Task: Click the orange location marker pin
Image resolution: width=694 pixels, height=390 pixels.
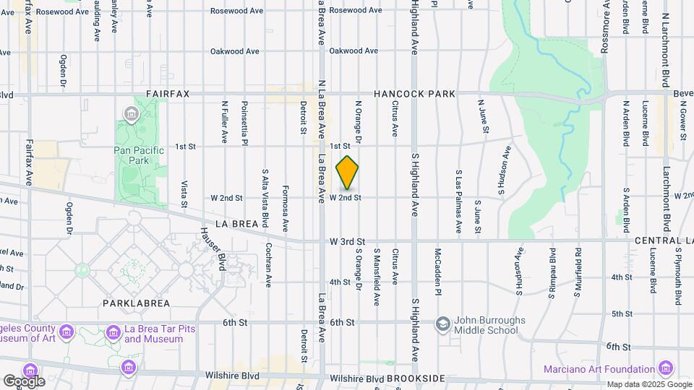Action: tap(348, 173)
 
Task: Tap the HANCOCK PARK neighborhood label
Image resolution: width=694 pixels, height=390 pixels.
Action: tap(414, 95)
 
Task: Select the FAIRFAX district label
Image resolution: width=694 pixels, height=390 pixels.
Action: tap(168, 95)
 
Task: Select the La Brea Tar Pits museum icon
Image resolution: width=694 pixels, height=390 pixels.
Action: tap(113, 332)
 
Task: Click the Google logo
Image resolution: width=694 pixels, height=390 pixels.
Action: tap(24, 381)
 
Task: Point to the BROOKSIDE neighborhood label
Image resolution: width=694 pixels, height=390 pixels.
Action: tap(415, 378)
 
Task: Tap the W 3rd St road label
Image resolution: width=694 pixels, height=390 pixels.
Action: tap(348, 240)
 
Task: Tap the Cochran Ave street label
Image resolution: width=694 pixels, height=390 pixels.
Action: tap(268, 264)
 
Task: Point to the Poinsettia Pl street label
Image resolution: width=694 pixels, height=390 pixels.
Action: tap(245, 123)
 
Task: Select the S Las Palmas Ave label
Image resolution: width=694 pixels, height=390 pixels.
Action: tap(458, 201)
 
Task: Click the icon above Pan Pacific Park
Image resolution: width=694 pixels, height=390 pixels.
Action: tap(131, 113)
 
